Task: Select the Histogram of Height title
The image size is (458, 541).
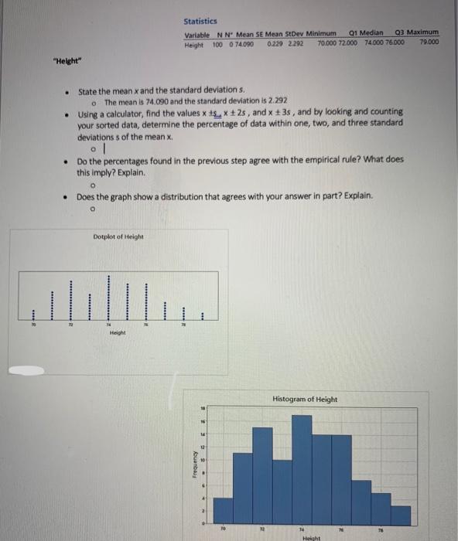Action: click(305, 399)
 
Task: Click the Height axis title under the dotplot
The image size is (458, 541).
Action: click(118, 334)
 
